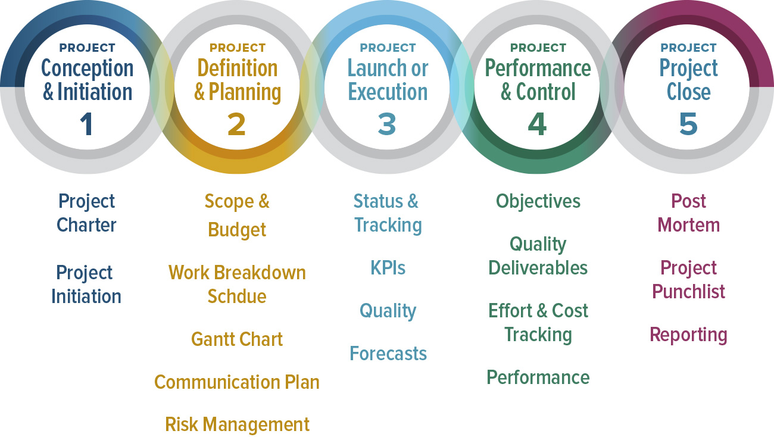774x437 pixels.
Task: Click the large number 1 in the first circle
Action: tap(87, 124)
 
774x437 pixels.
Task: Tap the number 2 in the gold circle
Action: tap(236, 124)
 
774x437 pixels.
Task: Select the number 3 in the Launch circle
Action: tap(387, 124)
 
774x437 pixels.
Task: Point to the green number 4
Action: tap(537, 124)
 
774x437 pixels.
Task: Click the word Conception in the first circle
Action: tap(87, 68)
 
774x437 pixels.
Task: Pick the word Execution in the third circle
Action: tap(388, 92)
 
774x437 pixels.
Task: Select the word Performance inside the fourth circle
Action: tap(538, 68)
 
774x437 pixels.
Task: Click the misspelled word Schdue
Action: tap(237, 296)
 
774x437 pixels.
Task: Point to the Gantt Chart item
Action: tap(237, 339)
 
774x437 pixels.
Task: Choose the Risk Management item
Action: tap(237, 424)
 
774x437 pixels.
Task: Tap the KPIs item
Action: tap(388, 268)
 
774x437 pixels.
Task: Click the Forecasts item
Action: tap(388, 354)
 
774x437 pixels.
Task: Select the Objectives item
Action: tap(538, 201)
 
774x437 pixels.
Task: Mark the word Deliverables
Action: tap(538, 268)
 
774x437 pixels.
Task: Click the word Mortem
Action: tap(688, 225)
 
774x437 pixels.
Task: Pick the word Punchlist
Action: tap(688, 292)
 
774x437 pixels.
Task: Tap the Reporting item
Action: tap(688, 335)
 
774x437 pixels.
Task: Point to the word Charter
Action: tap(87, 225)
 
